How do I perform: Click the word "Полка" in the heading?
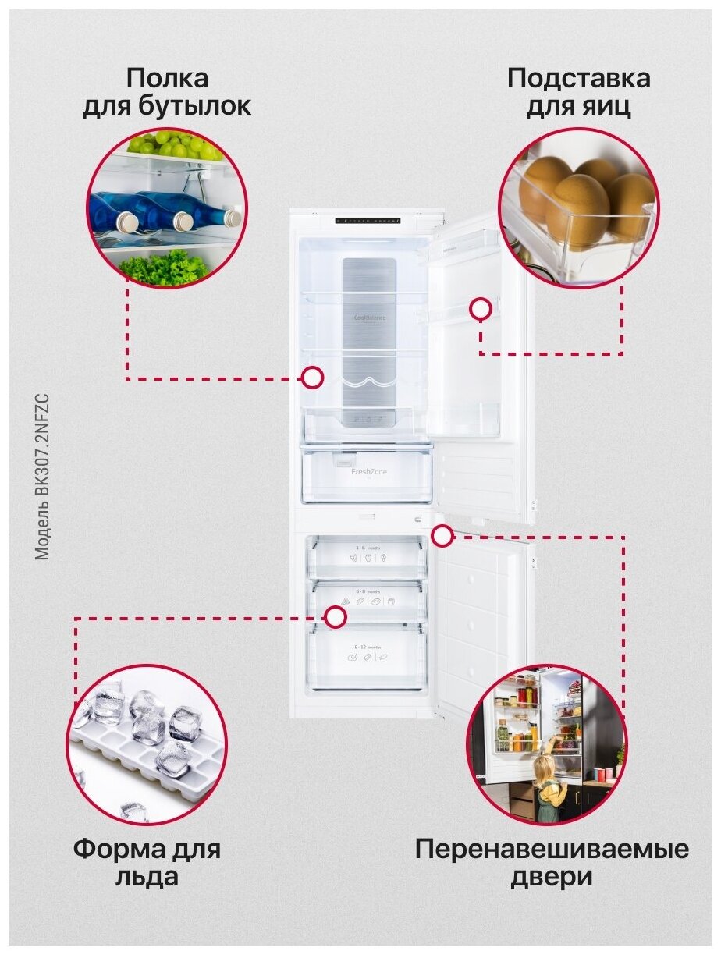tap(167, 79)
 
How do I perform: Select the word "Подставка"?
tap(578, 79)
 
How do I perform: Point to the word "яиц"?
tap(609, 106)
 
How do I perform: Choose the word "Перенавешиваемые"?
tap(552, 850)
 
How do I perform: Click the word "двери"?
tap(552, 877)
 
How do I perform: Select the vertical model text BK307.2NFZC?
tap(42, 476)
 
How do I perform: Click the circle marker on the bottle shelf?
tap(313, 378)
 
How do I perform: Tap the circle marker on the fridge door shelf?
tap(481, 309)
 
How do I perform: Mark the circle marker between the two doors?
tap(442, 536)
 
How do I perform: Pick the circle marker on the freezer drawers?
tap(336, 617)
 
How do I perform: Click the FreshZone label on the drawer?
tap(368, 472)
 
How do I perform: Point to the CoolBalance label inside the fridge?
tap(369, 318)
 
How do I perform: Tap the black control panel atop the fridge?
tap(368, 221)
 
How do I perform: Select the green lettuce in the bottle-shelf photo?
tap(165, 268)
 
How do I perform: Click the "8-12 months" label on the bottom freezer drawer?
tap(368, 648)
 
